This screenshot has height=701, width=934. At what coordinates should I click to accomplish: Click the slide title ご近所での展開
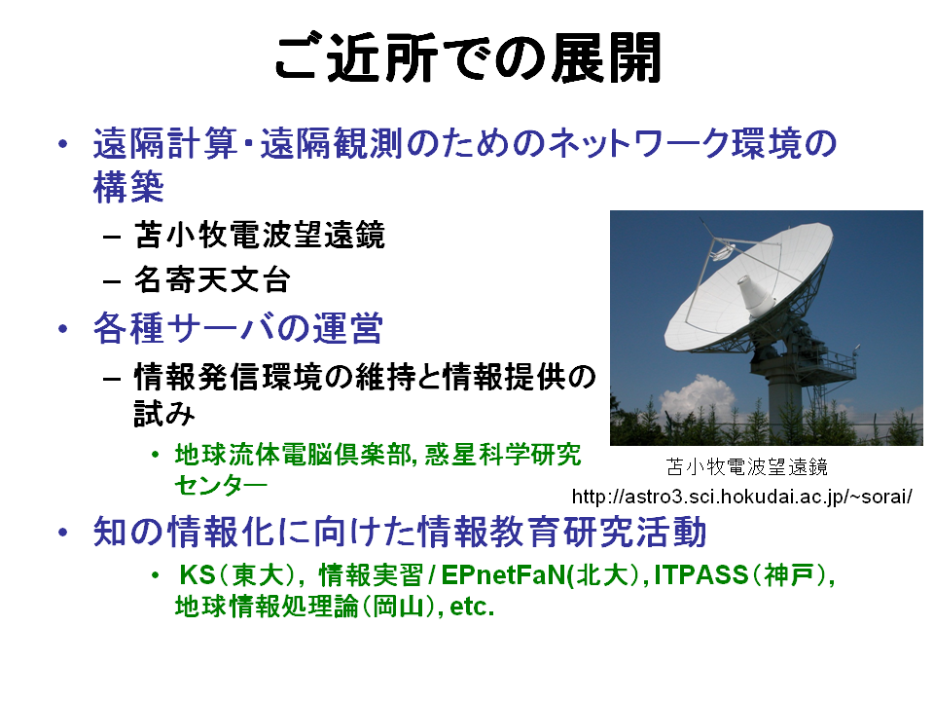pos(468,57)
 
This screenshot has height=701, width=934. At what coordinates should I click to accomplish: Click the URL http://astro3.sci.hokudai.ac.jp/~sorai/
pos(741,497)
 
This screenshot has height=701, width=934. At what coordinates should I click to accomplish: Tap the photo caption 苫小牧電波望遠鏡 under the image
pos(747,466)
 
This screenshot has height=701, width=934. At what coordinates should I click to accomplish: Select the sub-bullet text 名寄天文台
pos(212,279)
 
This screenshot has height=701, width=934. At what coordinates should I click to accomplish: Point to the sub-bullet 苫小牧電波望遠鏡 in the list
pos(260,235)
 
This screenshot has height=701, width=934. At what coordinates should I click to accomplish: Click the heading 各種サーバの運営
pos(237,328)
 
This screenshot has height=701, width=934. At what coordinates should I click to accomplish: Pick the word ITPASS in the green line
pos(700,575)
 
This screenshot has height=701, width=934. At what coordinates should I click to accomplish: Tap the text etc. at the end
pos(472,607)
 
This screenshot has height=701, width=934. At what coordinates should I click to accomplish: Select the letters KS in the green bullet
pos(198,575)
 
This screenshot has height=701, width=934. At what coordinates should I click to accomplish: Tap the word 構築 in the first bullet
pos(128,187)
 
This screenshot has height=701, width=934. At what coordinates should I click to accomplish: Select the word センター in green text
pos(221,485)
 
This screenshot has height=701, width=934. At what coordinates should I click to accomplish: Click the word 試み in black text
pos(163,413)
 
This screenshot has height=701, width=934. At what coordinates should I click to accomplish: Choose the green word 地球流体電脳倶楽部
pos(292,455)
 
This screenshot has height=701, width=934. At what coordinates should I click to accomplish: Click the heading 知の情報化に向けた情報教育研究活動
pos(400,533)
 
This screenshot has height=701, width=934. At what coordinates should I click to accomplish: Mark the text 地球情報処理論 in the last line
pos(267,607)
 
